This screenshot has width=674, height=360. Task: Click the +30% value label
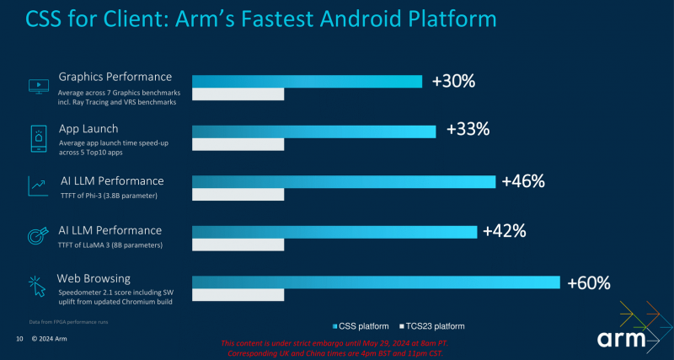point(453,81)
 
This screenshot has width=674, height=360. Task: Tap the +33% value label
point(468,130)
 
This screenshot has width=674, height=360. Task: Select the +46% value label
point(523,181)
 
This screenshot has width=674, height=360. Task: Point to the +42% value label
point(505,231)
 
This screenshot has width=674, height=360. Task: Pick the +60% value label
point(588,282)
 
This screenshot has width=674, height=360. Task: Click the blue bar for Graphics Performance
point(307,81)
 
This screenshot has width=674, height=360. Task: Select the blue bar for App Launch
point(313,131)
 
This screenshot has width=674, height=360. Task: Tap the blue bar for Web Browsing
point(376,282)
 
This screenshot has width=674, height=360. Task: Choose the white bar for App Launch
point(238,146)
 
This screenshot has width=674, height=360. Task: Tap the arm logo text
point(628,339)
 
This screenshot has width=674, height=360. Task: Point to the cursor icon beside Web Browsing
point(38,287)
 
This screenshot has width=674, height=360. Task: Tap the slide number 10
point(19,339)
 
